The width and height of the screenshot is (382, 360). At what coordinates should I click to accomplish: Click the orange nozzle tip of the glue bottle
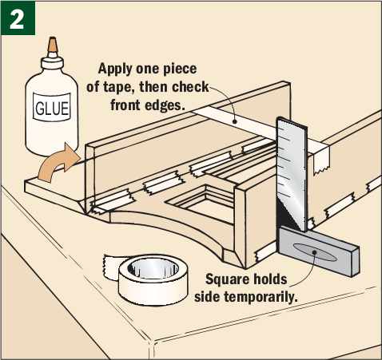coord(52,45)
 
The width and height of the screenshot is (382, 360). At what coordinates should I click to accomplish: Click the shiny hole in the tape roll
coord(153,269)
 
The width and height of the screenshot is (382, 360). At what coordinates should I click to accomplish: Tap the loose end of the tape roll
coord(110,266)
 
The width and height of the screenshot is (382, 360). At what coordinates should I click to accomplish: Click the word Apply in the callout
coord(115,69)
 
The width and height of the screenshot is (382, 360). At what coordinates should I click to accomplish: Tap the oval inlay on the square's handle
coord(314,251)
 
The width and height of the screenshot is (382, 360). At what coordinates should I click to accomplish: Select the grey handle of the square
coord(318,252)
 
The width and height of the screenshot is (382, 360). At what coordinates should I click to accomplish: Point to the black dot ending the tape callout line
coord(234,121)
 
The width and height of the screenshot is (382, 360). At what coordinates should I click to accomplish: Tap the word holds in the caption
coord(270,279)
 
